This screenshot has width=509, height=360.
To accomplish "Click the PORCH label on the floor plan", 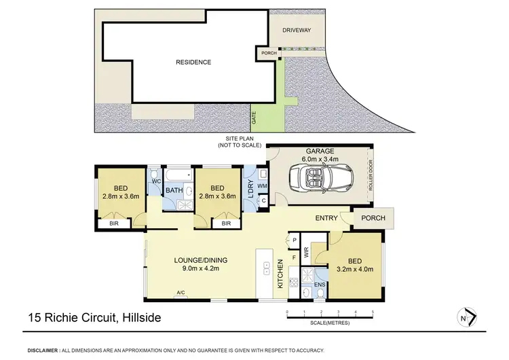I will pos(373,218).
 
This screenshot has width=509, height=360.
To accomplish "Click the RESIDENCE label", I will pos(193,62).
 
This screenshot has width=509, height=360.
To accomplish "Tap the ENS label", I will pos(320,284).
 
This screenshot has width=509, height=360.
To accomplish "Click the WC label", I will pos(155,181).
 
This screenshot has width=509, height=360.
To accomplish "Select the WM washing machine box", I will pos(263,185).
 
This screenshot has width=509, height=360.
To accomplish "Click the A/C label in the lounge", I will pos(181,293).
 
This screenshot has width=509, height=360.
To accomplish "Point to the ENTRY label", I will pos(327,218).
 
